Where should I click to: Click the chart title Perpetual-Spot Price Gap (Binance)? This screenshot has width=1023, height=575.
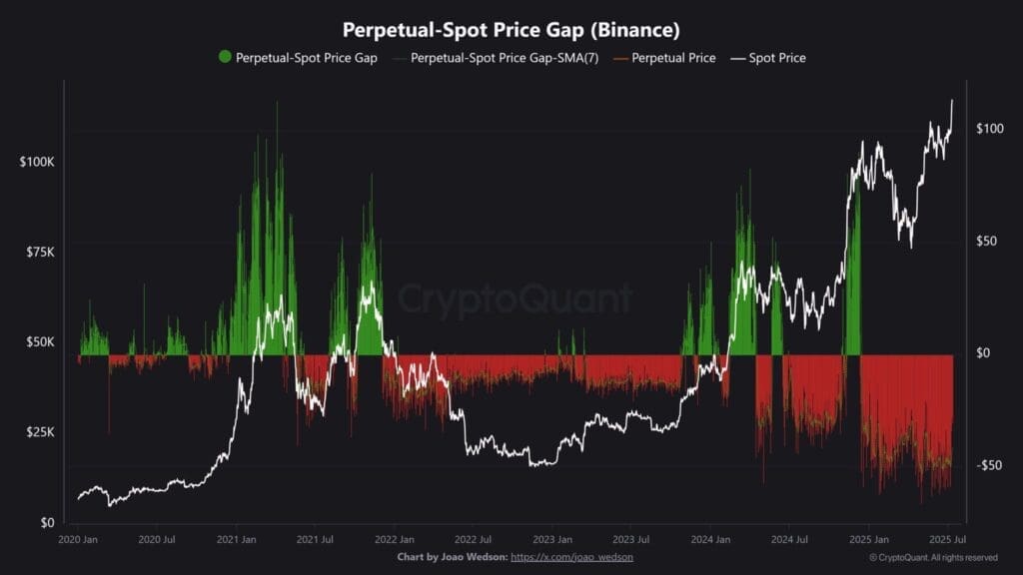[511, 30]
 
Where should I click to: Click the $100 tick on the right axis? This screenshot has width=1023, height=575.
[989, 129]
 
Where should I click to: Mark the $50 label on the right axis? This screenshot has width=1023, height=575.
[989, 241]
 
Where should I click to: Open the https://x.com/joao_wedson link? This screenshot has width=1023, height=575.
[571, 556]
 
